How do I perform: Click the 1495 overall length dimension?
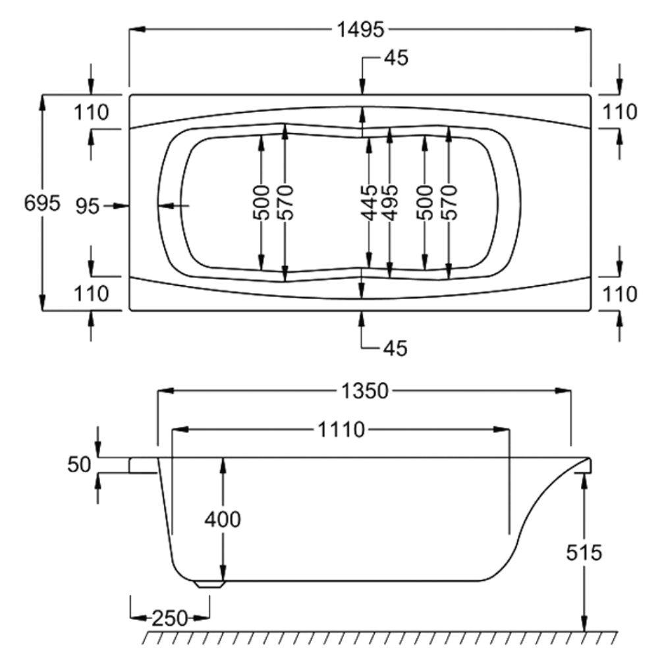(360, 29)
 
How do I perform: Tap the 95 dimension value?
(88, 206)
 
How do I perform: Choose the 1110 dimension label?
(341, 430)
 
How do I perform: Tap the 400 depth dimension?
(223, 520)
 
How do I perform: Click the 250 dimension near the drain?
(170, 618)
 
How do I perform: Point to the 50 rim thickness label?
(79, 465)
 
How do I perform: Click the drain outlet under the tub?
(210, 583)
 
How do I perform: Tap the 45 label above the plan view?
(395, 58)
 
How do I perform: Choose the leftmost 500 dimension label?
(262, 202)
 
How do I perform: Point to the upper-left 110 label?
(91, 113)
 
